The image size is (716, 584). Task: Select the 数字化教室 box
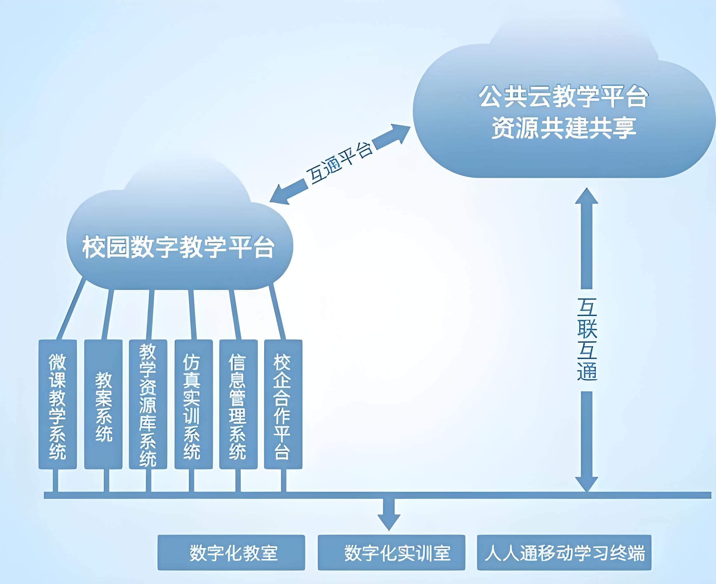pyautogui.click(x=231, y=552)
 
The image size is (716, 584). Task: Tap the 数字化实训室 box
pyautogui.click(x=391, y=552)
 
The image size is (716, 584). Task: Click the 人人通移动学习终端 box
pyautogui.click(x=564, y=552)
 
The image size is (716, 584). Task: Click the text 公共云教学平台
pyautogui.click(x=564, y=97)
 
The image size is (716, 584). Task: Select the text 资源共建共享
pyautogui.click(x=564, y=128)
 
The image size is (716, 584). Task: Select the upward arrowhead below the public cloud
pyautogui.click(x=586, y=197)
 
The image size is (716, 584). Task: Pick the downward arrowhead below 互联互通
pyautogui.click(x=586, y=484)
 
